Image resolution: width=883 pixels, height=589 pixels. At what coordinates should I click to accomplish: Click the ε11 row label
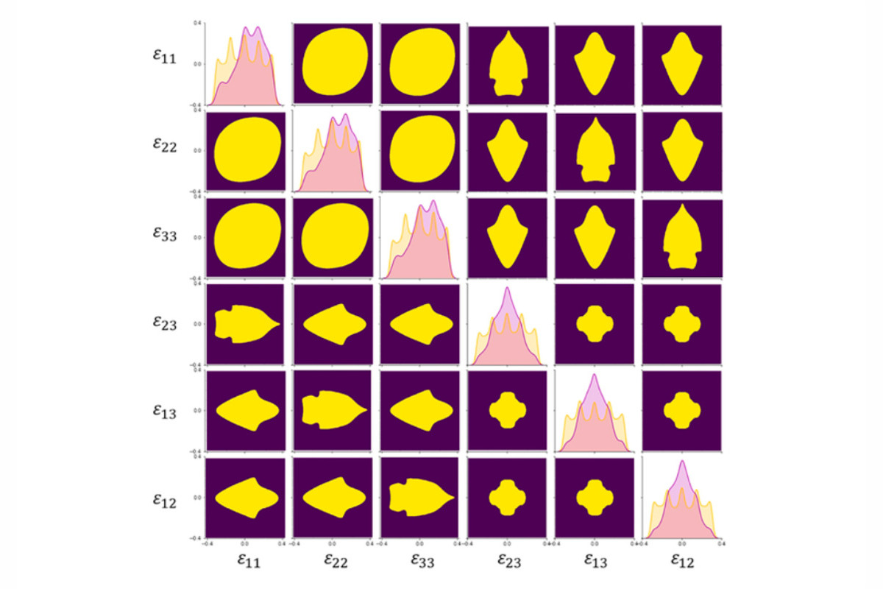(165, 57)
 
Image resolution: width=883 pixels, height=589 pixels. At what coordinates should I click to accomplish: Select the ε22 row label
(165, 144)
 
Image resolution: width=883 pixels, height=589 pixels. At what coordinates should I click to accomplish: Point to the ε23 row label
(165, 322)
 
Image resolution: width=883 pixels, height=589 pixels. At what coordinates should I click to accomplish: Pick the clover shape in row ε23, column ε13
(594, 325)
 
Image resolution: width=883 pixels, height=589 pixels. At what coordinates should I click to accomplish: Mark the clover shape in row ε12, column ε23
(507, 498)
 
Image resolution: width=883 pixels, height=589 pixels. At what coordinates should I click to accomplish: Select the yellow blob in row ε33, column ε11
(245, 238)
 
